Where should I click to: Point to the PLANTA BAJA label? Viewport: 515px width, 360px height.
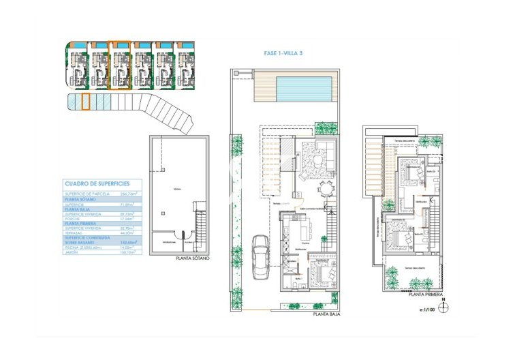[326, 314]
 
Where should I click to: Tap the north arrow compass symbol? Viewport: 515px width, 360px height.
[444, 306]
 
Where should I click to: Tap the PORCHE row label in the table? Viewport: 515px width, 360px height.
[74, 217]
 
